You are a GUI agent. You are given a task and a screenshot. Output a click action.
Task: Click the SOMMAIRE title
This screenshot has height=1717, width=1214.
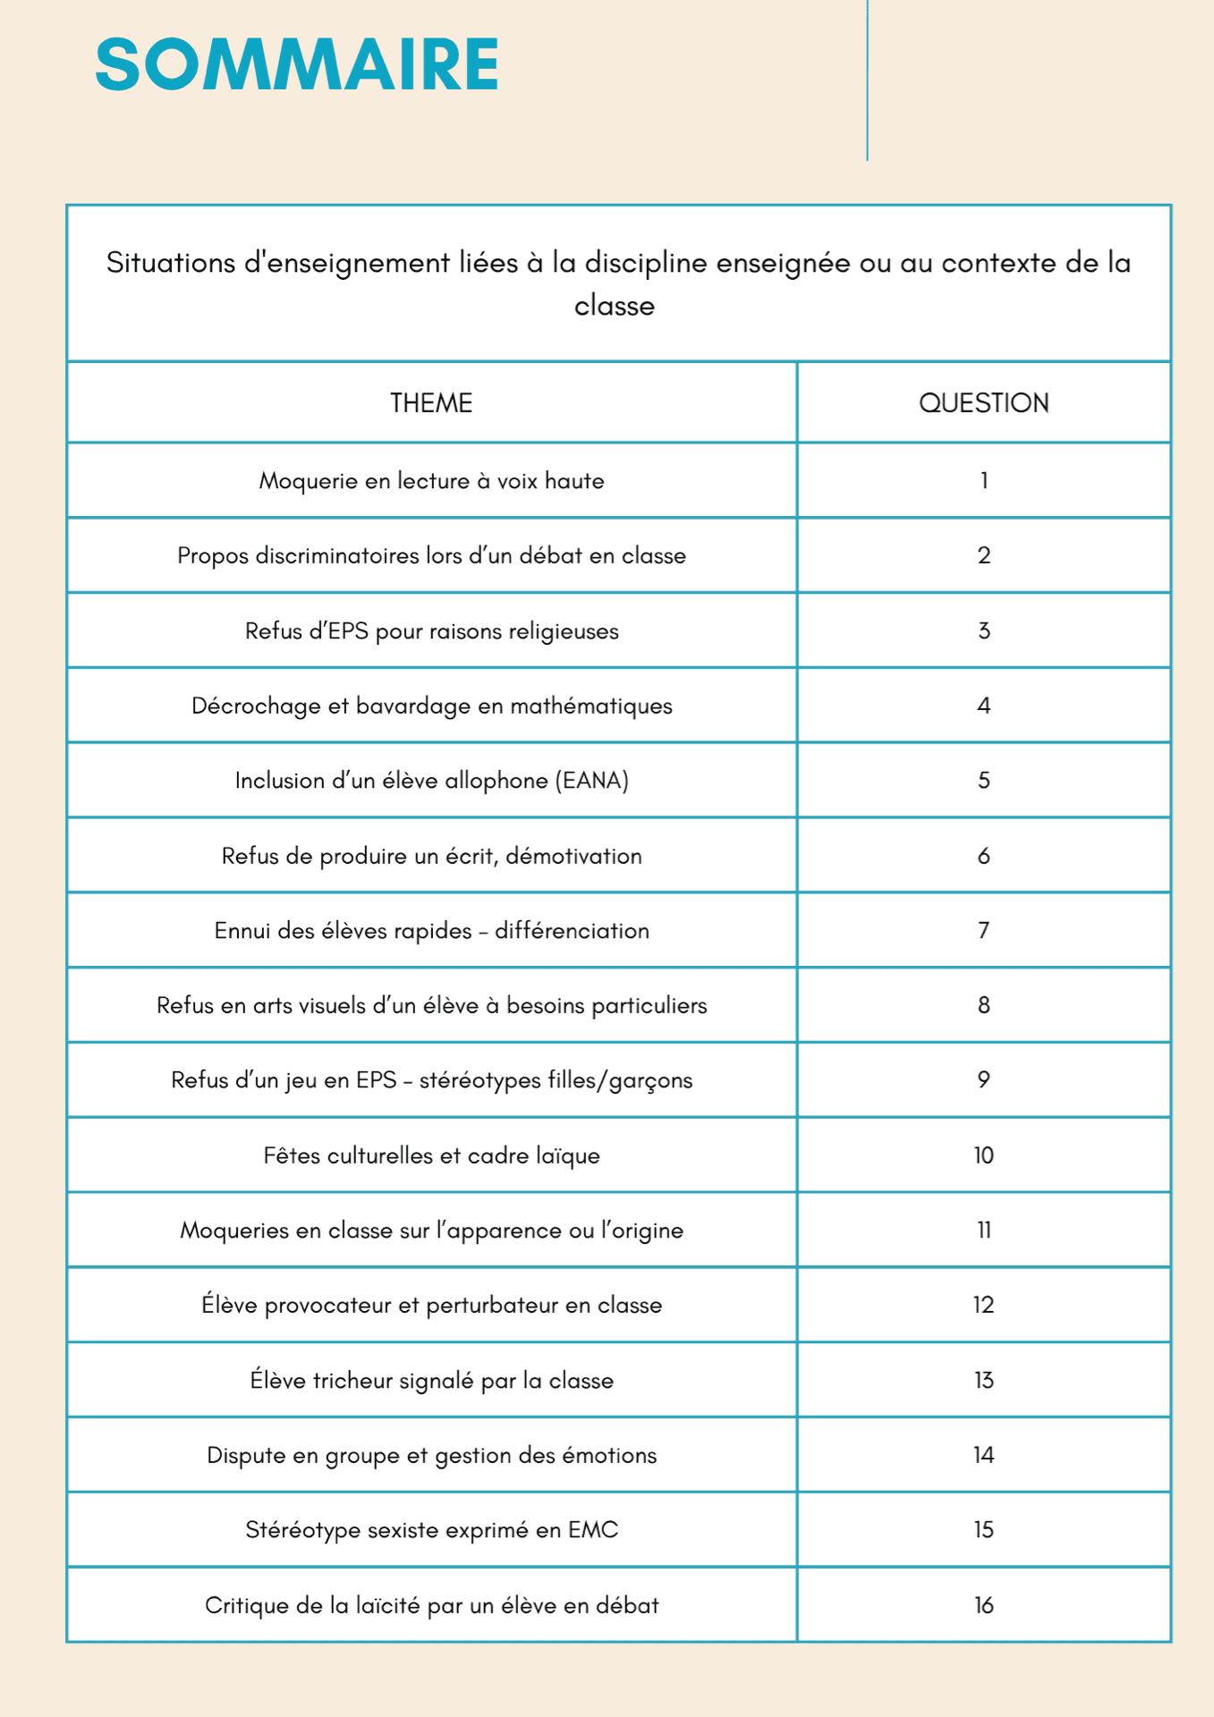pos(296,64)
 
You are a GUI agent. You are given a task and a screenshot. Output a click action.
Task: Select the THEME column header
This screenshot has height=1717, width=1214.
pos(430,403)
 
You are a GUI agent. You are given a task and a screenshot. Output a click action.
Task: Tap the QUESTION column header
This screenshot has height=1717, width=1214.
pos(983,403)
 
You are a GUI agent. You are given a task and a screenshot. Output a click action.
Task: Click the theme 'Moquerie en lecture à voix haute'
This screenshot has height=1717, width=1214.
pos(431,481)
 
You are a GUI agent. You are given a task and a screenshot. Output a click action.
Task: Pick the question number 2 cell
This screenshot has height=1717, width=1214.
pos(983,555)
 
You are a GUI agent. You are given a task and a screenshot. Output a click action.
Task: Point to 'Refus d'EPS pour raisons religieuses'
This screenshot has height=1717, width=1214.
pos(431,631)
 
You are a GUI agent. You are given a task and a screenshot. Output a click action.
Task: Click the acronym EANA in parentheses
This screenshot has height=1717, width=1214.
pos(592,781)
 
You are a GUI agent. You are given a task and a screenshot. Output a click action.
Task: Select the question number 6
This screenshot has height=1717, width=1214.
pos(983,856)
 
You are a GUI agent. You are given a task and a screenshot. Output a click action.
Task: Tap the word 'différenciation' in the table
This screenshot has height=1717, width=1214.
pos(572,931)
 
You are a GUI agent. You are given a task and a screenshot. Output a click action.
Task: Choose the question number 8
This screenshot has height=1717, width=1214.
pos(983,1005)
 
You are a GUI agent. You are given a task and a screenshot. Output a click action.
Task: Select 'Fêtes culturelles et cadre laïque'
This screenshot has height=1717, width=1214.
pos(431,1155)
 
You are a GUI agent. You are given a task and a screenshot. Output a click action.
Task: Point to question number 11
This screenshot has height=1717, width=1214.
pos(983,1231)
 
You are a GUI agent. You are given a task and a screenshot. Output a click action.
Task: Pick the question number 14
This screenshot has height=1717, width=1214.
pos(983,1455)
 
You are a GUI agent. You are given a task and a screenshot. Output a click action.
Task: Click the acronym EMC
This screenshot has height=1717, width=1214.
pos(592,1530)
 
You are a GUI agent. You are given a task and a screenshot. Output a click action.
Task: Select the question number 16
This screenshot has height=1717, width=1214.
pos(983,1605)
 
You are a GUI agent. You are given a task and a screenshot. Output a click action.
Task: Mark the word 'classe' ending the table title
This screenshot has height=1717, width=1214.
pos(614,306)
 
